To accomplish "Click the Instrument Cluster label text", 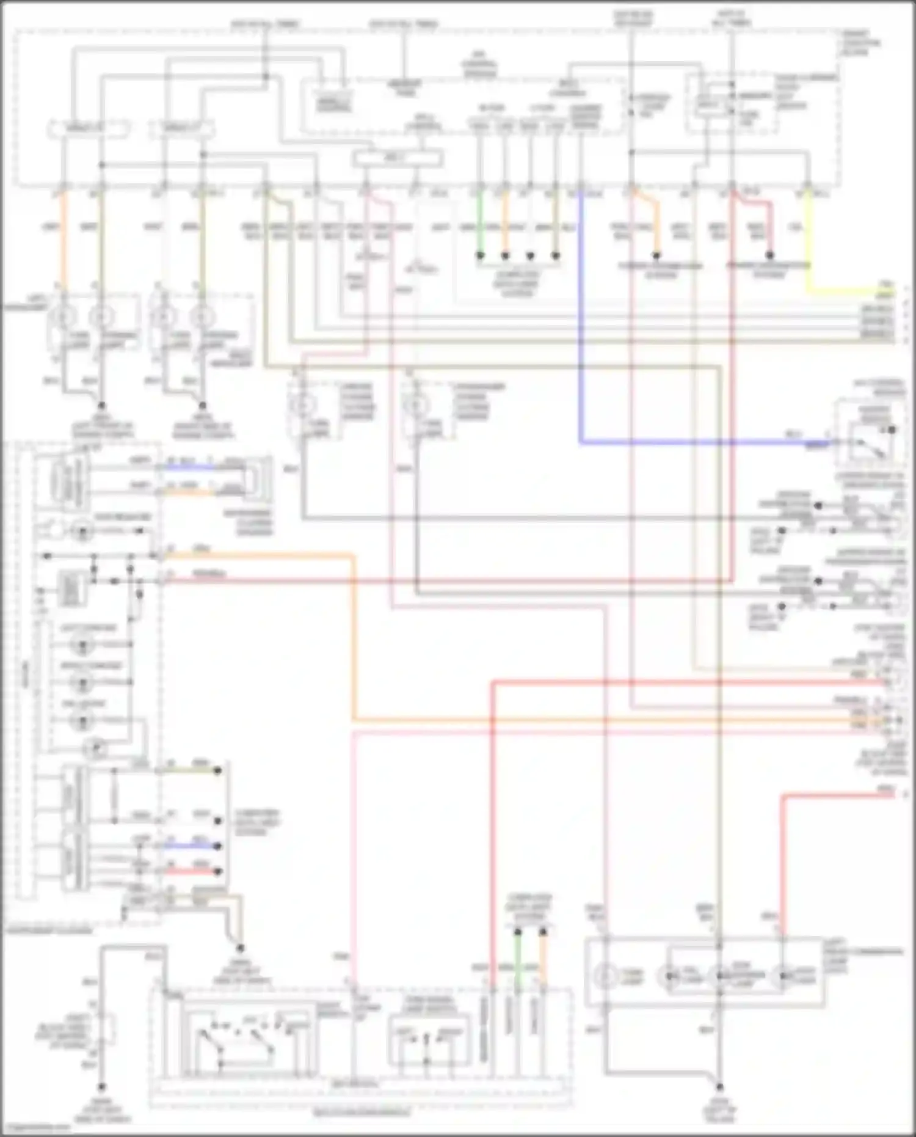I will [x=49, y=930].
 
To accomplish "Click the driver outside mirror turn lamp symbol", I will [x=303, y=404].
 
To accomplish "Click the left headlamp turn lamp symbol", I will [x=64, y=316].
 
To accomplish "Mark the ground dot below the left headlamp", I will [x=101, y=406].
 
